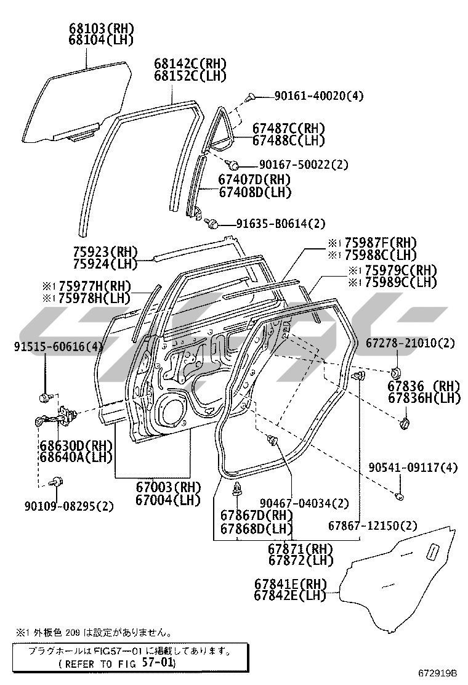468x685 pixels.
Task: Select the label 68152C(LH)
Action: [190, 76]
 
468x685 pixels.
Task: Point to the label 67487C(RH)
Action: [289, 128]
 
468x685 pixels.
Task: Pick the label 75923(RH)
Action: [105, 252]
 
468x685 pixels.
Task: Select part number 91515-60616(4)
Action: [58, 347]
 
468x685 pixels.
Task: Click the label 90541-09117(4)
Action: [413, 468]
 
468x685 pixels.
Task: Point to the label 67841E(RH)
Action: [291, 583]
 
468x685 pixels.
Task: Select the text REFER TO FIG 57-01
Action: [116, 663]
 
